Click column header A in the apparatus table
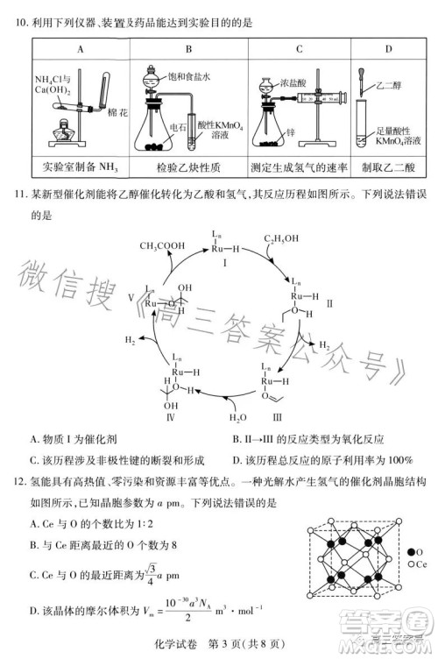(x=81, y=50)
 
